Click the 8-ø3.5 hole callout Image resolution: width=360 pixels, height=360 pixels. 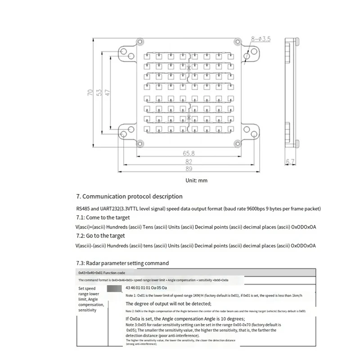261,40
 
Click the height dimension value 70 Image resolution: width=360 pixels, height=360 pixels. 91,93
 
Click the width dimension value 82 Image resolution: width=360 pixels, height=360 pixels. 189,162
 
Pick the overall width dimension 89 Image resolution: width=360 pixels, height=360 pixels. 189,169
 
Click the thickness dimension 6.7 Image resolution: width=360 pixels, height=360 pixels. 290,162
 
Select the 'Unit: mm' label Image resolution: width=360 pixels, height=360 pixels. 197,180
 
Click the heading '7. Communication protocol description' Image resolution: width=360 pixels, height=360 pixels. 129,197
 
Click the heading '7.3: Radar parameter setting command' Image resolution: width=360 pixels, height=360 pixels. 122,263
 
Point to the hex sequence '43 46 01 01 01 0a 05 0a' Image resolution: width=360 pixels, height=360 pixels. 146,288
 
